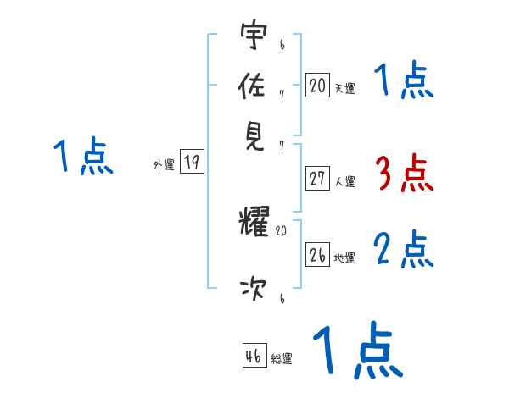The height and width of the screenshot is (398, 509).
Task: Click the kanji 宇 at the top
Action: pyautogui.click(x=254, y=36)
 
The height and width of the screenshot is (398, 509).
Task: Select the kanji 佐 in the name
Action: pyautogui.click(x=254, y=86)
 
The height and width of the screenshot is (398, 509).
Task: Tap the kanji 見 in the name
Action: pyautogui.click(x=254, y=135)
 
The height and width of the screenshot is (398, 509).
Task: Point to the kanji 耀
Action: pyautogui.click(x=254, y=223)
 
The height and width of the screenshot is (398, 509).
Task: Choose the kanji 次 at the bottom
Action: pyautogui.click(x=254, y=290)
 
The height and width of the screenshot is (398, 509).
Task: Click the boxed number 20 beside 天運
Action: pyautogui.click(x=317, y=86)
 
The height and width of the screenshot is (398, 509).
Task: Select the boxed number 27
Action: pyautogui.click(x=317, y=180)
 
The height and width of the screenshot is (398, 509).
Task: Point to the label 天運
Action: pyautogui.click(x=344, y=87)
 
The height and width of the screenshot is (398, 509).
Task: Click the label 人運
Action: pyautogui.click(x=344, y=181)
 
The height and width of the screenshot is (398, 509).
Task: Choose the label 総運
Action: pyautogui.click(x=281, y=358)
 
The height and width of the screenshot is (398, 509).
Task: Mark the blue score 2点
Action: pyautogui.click(x=404, y=251)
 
